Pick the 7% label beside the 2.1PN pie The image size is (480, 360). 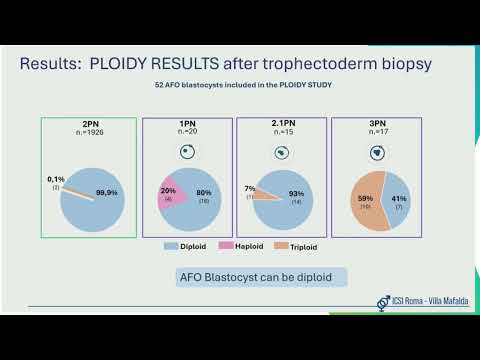[251, 188]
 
